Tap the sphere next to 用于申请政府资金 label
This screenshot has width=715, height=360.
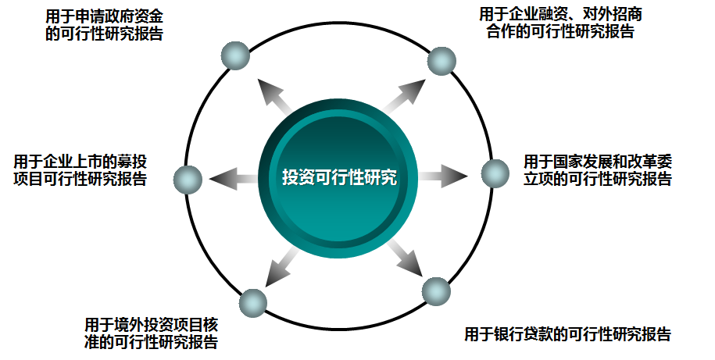click(235, 55)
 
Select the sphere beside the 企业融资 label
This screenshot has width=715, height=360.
click(440, 62)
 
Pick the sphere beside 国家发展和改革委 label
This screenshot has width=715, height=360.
click(494, 173)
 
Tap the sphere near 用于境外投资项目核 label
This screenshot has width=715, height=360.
click(253, 302)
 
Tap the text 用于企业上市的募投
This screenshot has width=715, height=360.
click(80, 162)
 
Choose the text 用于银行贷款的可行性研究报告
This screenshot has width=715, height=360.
click(567, 335)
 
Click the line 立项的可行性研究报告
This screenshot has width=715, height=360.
click(598, 180)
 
